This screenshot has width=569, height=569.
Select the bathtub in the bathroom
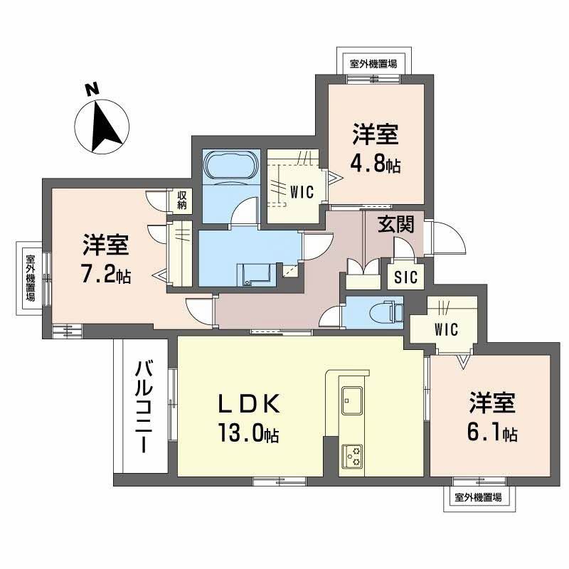(x=230, y=168)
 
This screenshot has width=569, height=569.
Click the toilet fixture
(x=388, y=311)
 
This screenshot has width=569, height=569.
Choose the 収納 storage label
(x=181, y=201)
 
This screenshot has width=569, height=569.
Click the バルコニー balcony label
(x=142, y=406)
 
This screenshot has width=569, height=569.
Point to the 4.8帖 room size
(x=375, y=165)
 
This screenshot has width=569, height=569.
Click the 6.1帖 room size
(x=491, y=432)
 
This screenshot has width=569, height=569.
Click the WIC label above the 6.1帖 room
(x=445, y=329)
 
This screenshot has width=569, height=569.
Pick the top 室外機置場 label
(x=373, y=63)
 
